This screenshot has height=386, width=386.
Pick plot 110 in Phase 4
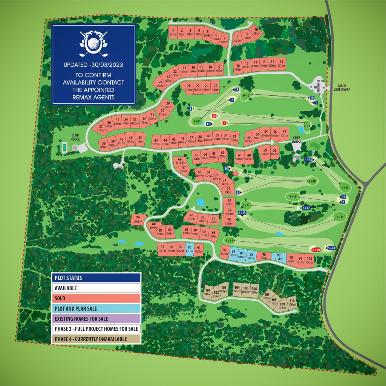pyautogui.click(x=291, y=302)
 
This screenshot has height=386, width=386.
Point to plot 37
pyautogui.click(x=101, y=128)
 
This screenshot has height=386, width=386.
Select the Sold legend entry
pyautogui.click(x=96, y=298)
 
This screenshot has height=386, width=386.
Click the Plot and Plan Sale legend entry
pyautogui.click(x=96, y=308)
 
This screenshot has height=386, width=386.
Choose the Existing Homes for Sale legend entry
pyautogui.click(x=96, y=319)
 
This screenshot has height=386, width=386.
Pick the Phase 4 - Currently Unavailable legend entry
pyautogui.click(x=96, y=339)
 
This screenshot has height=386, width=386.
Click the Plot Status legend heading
pyautogui.click(x=96, y=278)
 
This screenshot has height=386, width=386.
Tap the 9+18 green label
pyautogui.click(x=312, y=181)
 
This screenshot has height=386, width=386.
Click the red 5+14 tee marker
pyautogui.click(x=316, y=250)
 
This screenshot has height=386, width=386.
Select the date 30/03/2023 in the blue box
pyautogui.click(x=109, y=64)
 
